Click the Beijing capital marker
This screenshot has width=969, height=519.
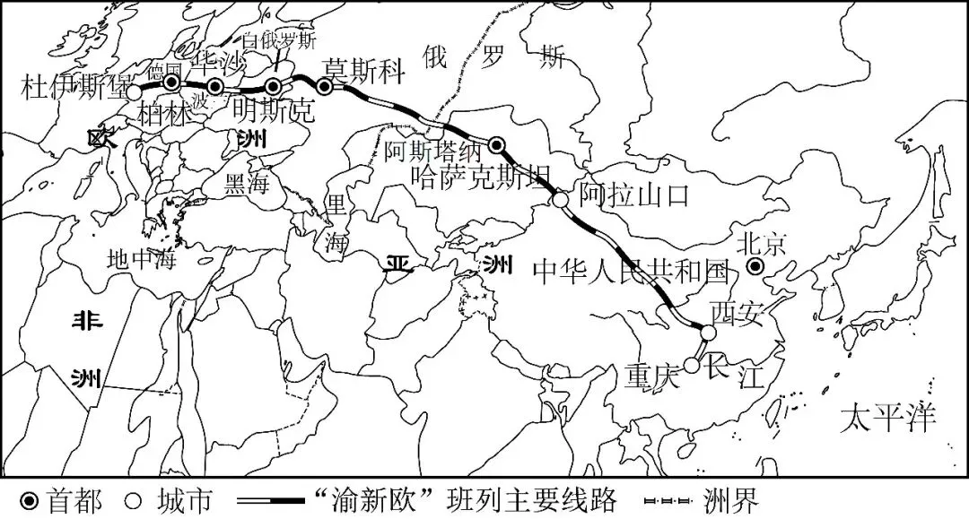coord(755,266)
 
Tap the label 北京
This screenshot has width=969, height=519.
coord(761,244)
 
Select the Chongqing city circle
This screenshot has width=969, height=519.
coord(691,365)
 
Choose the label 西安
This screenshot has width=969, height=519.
coord(735,313)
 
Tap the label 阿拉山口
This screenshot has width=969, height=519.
coord(634,194)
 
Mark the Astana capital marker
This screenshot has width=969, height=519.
coord(497,145)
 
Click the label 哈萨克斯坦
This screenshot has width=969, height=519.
coord(476,177)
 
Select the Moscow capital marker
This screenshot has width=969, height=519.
coord(325,86)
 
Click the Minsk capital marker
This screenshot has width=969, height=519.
coord(274,86)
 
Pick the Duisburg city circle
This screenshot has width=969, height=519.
coord(134,91)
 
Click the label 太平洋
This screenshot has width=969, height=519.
coord(887,418)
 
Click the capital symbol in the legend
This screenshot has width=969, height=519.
coord(29,499)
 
